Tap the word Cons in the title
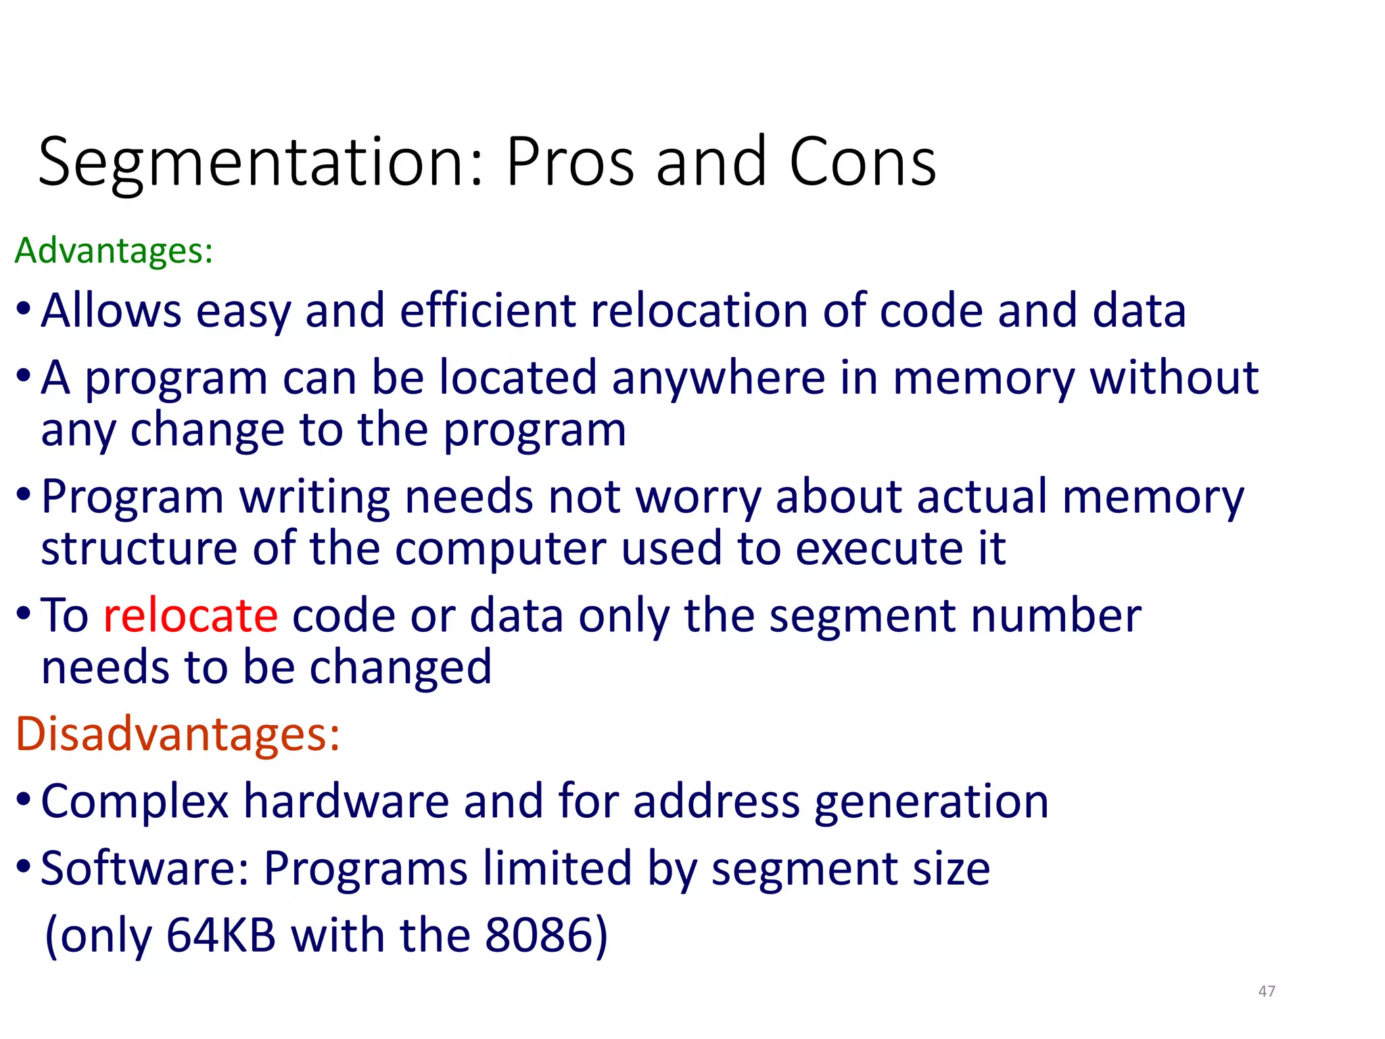coord(862,162)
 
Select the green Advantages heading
coord(114,251)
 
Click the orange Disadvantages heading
coord(177,734)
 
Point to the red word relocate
coord(190,616)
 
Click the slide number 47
coord(1267,991)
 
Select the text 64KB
coord(221,936)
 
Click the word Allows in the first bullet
coord(111,310)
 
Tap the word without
coord(1174,377)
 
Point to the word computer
coord(500,548)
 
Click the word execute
coord(879,548)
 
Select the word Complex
coord(135,802)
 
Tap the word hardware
coord(346,802)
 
